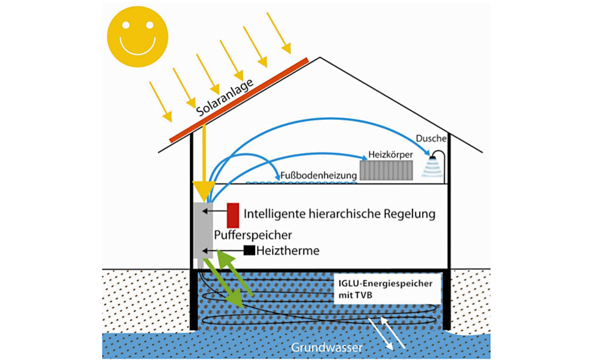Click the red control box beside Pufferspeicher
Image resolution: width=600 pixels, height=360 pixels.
[233, 215]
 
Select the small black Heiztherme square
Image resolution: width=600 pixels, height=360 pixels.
[249, 250]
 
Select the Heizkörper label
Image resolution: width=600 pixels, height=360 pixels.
[390, 154]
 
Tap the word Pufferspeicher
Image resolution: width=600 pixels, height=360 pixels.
[252, 234]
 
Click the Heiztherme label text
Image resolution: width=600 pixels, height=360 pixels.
[287, 250]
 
